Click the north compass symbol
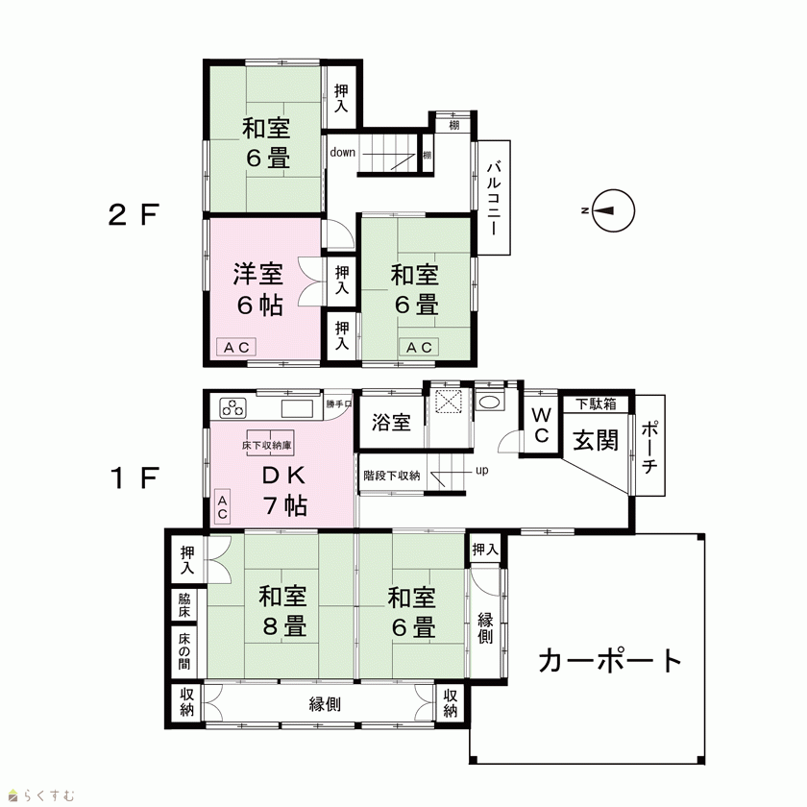613,210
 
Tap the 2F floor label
134,214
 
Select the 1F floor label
134,478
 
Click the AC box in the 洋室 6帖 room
236,348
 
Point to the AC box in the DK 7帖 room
222,507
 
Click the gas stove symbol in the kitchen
233,408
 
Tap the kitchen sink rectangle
297,408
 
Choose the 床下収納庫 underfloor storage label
267,445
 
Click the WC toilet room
541,425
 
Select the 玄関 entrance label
596,440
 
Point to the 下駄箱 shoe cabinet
596,404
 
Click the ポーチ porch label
649,447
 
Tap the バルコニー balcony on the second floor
494,198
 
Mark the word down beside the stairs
343,153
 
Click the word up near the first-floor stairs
481,471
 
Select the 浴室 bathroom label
391,423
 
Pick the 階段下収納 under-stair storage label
392,476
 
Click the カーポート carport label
610,660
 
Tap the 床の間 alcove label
184,651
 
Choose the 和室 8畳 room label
283,611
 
